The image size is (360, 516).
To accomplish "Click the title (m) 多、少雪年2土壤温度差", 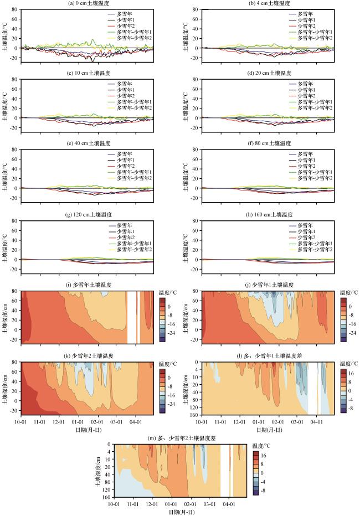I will pyautogui.click(x=180, y=438).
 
